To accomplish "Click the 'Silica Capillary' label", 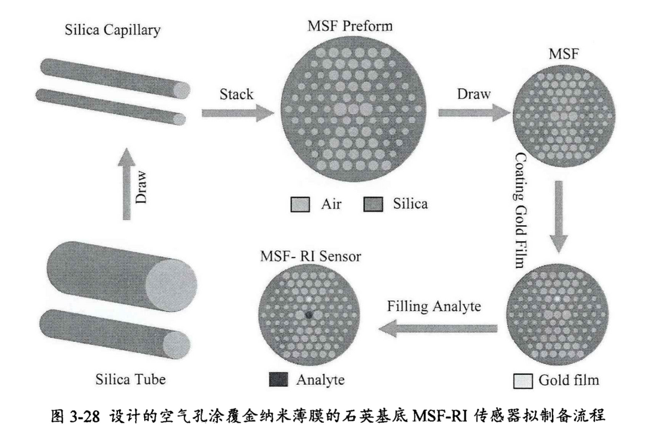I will pyautogui.click(x=113, y=30).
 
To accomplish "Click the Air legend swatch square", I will pyautogui.click(x=298, y=204).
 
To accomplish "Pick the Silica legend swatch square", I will pyautogui.click(x=372, y=204).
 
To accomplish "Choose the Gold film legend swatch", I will pyautogui.click(x=520, y=379).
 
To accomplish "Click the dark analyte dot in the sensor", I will pyautogui.click(x=309, y=313).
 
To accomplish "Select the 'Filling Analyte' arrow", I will pyautogui.click(x=439, y=327).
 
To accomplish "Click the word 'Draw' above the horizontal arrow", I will pyautogui.click(x=475, y=94).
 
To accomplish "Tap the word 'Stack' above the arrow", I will pyautogui.click(x=236, y=94).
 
